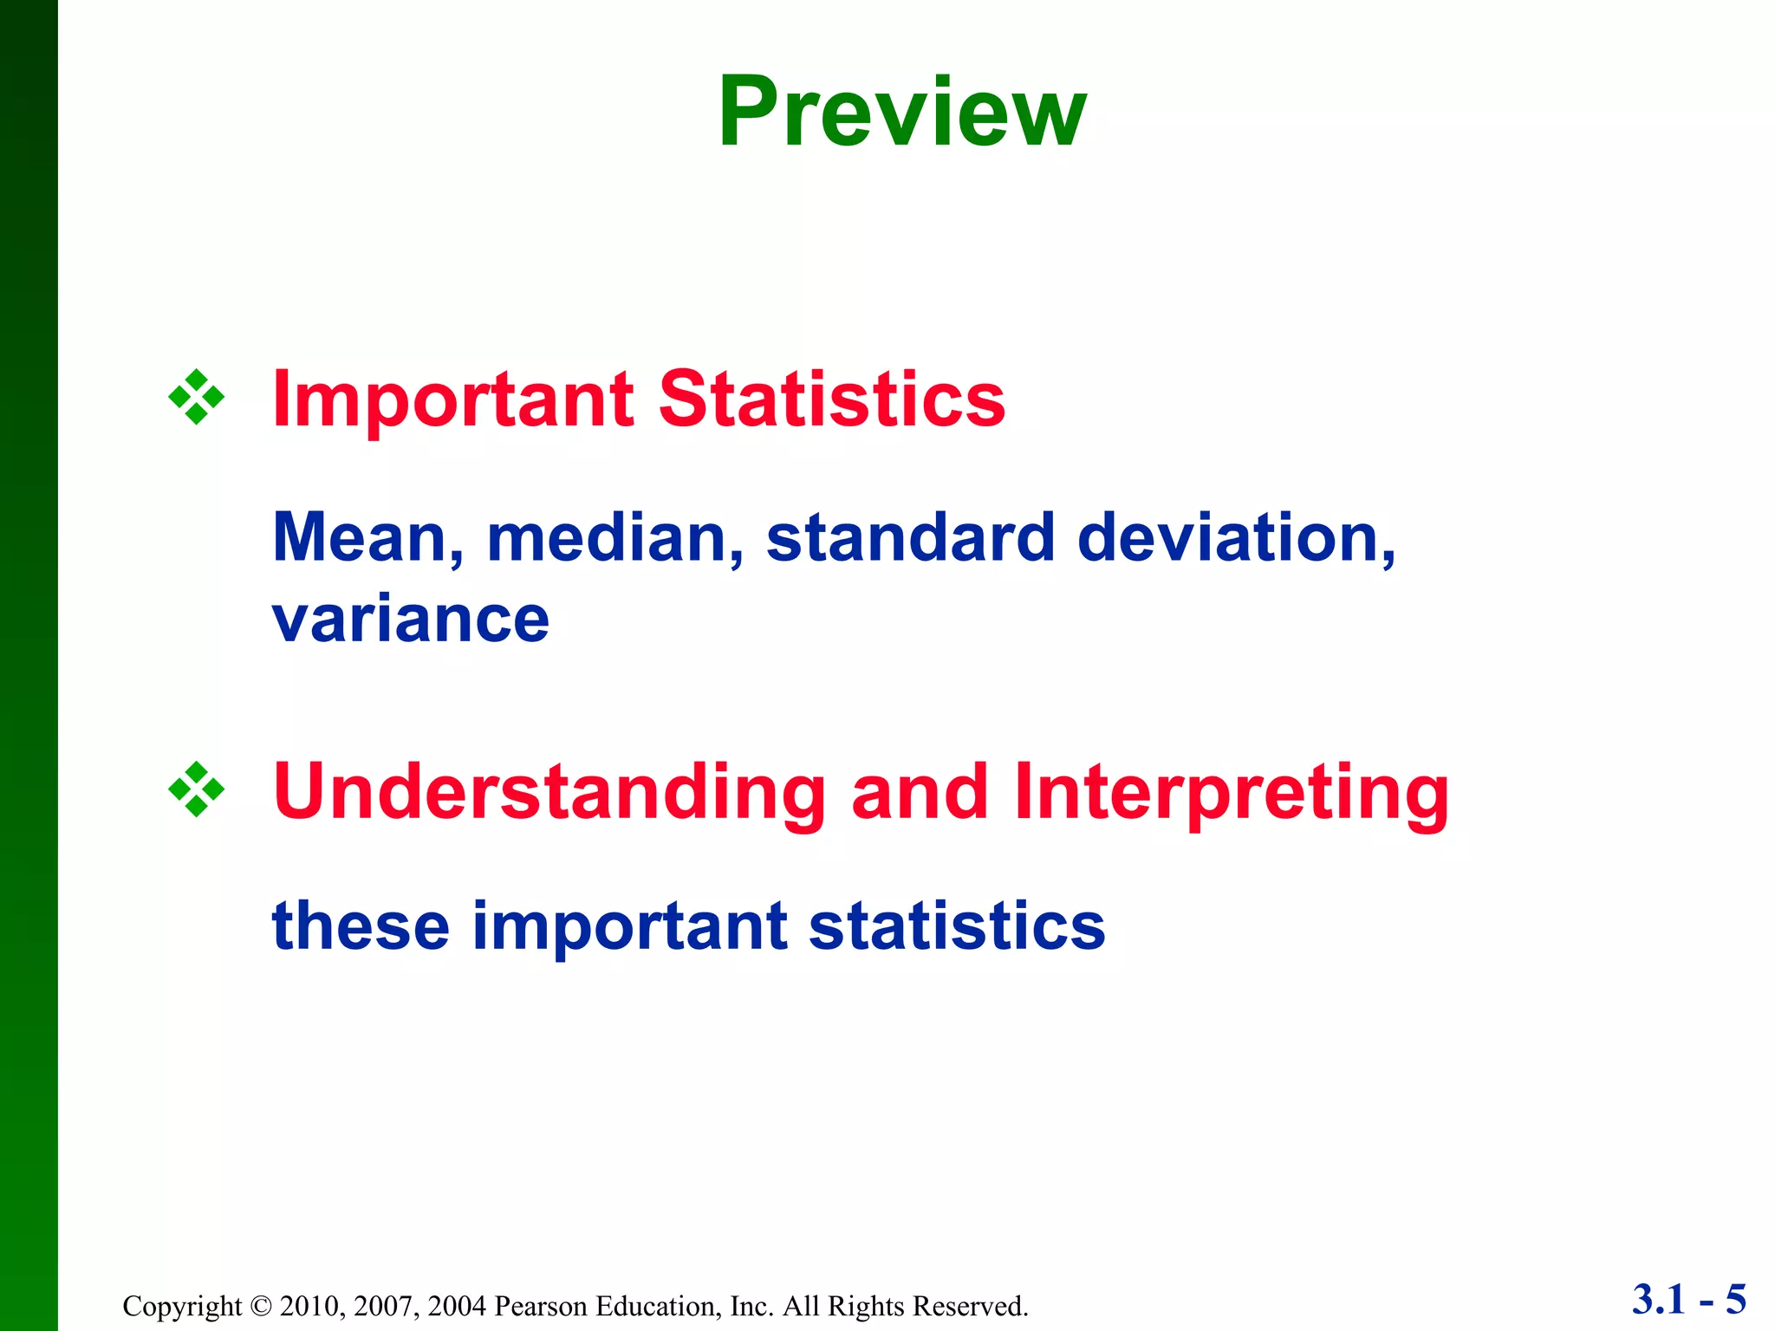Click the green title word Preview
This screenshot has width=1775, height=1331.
click(901, 113)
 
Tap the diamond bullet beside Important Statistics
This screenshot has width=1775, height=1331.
click(197, 398)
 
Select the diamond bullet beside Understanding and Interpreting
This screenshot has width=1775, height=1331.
click(197, 789)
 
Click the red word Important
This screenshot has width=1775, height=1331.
click(452, 400)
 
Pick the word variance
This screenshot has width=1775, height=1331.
click(411, 620)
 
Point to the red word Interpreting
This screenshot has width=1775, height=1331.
click(1231, 794)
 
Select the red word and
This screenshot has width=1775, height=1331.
click(920, 792)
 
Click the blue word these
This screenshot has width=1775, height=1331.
click(361, 925)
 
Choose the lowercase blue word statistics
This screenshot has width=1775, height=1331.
click(956, 925)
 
